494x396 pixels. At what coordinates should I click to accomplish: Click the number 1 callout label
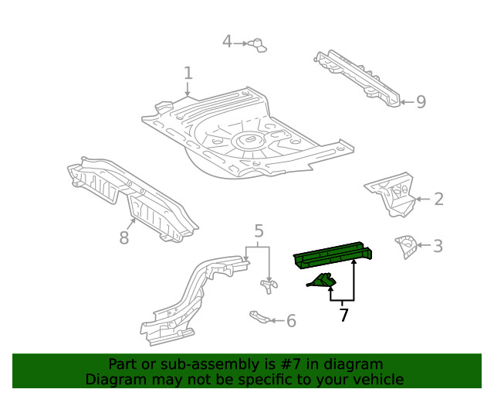coord(188,73)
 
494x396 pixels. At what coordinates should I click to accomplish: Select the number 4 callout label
coord(227,41)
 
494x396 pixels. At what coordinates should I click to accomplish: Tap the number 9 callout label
coord(421,101)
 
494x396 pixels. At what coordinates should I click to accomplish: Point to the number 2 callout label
coord(438,199)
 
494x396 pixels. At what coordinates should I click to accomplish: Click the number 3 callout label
coord(438,246)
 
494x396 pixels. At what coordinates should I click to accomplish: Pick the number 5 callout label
coord(259,230)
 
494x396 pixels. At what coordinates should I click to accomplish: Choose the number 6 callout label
coord(291,320)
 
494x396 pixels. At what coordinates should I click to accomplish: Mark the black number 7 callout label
coord(343,315)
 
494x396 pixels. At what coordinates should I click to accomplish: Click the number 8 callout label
coord(124,237)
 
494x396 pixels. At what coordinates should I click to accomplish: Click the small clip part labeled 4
coord(258,44)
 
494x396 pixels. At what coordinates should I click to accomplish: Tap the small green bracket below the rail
coord(321,282)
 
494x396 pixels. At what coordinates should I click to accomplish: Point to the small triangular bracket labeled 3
coord(404,246)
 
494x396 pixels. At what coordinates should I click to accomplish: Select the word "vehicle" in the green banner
coord(377,379)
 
